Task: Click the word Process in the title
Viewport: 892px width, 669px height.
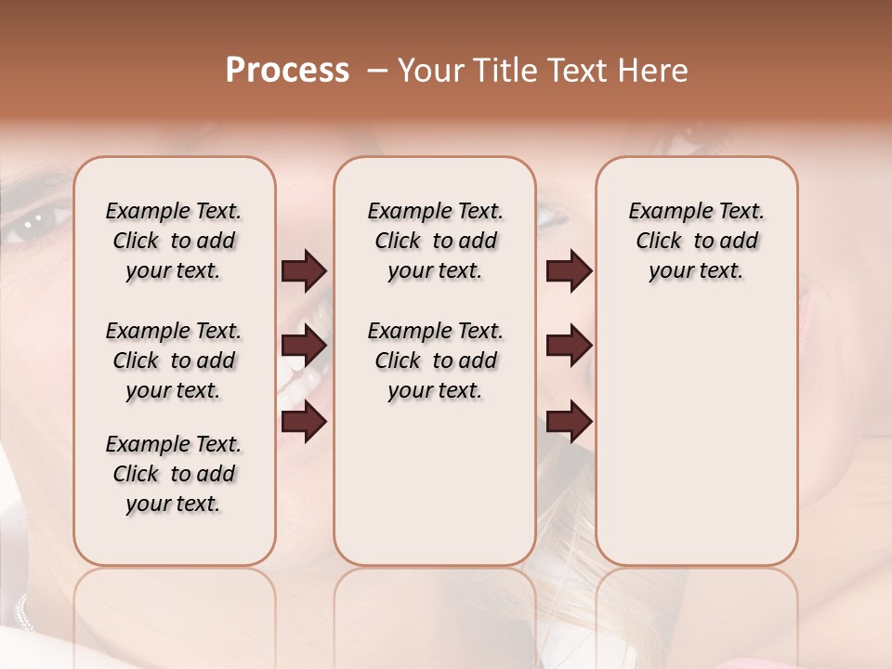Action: tap(286, 71)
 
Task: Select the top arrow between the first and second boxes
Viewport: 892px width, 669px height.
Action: tap(304, 270)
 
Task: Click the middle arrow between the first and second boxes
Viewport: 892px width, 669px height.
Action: tap(304, 346)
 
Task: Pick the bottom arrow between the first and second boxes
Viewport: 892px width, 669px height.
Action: tap(304, 422)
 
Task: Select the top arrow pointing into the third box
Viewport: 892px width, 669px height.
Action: tap(569, 270)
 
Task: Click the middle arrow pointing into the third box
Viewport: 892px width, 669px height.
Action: tap(569, 346)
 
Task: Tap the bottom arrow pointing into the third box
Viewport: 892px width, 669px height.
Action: tap(569, 422)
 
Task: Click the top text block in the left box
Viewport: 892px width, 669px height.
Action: tap(174, 241)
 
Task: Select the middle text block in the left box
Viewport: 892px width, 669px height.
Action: tap(174, 361)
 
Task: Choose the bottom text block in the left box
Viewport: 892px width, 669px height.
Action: tap(174, 474)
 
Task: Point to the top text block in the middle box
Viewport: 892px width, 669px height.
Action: tap(435, 241)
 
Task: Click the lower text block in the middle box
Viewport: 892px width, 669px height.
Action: tap(435, 361)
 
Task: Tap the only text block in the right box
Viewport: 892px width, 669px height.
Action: tap(696, 241)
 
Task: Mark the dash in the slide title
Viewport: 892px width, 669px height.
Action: tap(377, 71)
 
